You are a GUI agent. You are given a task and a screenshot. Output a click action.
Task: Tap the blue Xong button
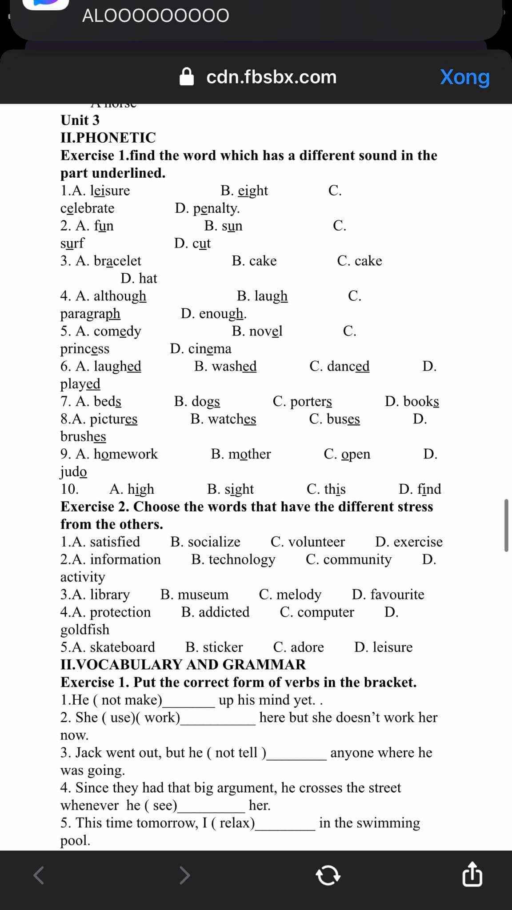(x=464, y=77)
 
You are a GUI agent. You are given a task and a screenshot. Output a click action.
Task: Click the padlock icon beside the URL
(x=187, y=76)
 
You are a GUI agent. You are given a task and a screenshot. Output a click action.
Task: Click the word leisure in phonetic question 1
(x=110, y=191)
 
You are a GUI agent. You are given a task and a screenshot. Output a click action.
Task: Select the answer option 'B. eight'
(x=244, y=191)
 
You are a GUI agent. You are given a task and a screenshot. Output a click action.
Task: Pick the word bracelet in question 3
(x=117, y=261)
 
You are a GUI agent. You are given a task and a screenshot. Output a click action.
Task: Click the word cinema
(x=210, y=349)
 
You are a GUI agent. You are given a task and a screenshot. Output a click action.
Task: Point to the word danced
(x=348, y=366)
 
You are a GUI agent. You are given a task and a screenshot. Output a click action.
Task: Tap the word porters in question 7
(x=311, y=401)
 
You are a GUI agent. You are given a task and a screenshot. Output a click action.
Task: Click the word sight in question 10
(x=239, y=489)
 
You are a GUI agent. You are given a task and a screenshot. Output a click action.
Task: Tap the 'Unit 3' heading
(x=80, y=120)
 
